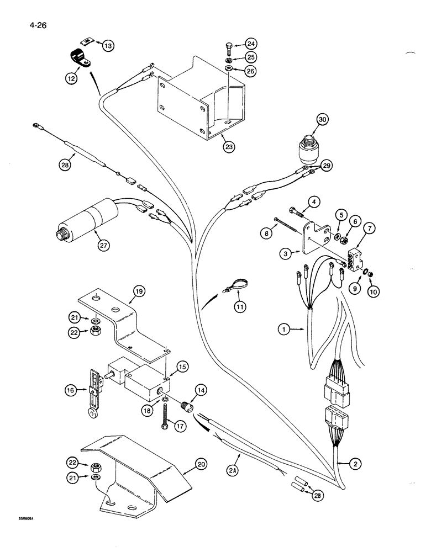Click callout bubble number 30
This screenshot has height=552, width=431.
(322, 119)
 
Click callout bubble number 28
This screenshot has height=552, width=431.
(66, 163)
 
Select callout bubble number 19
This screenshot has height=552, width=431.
(138, 291)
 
